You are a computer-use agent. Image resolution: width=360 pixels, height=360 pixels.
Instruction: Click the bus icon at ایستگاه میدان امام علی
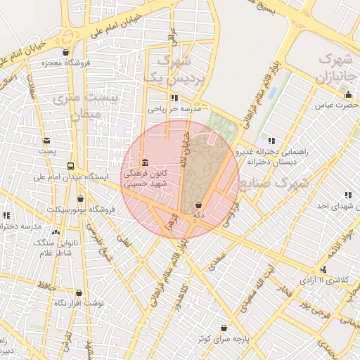click(70, 167)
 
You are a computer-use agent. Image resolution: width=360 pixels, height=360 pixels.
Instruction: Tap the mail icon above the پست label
click(46, 141)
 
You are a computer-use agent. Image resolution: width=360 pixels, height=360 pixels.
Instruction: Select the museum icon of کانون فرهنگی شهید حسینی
click(145, 162)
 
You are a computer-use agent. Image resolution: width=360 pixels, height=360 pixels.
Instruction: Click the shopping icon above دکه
click(198, 205)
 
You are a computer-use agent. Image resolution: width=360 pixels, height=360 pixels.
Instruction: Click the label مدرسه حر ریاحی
click(174, 109)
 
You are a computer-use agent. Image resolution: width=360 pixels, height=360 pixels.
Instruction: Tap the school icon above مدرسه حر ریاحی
click(174, 98)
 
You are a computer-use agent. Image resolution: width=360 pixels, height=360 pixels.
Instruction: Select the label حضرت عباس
click(333, 105)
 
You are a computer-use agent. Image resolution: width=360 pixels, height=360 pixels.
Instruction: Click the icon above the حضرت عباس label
click(348, 95)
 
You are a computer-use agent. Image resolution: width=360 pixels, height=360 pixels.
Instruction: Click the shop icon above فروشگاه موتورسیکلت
click(81, 199)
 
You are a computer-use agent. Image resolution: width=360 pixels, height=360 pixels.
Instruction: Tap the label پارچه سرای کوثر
click(223, 338)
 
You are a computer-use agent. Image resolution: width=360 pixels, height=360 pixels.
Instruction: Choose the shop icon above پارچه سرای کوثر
click(224, 328)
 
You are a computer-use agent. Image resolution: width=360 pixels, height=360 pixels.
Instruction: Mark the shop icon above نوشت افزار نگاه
click(79, 292)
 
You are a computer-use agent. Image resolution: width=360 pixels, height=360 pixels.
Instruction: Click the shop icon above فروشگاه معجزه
click(65, 52)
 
